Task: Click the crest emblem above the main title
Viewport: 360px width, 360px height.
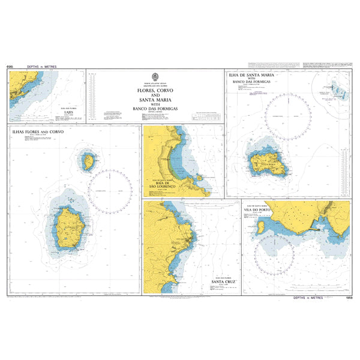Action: [155, 77]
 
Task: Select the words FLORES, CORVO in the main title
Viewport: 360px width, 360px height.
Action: [155, 91]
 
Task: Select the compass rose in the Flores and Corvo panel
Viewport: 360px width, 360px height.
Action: [110, 192]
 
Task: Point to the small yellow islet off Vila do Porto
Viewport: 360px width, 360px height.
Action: [262, 228]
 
